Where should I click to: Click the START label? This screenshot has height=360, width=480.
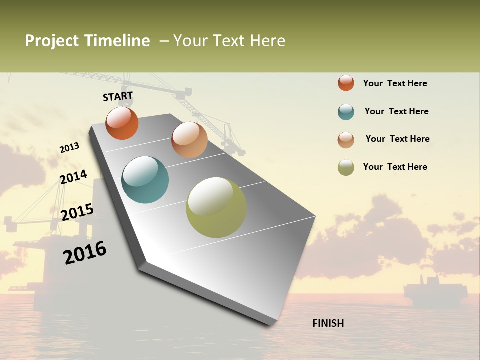tap(118, 96)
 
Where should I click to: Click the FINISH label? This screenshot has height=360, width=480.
tap(328, 323)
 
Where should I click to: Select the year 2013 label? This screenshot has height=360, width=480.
tap(69, 148)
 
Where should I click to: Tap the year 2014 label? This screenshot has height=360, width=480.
tap(73, 177)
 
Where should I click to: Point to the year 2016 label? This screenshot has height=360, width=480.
tap(85, 253)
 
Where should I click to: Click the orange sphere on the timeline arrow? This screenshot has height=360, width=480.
tap(122, 123)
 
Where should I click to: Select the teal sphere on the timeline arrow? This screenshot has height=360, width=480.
tap(145, 180)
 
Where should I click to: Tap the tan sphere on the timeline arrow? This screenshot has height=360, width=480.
tap(189, 140)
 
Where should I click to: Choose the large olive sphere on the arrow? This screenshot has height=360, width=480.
tap(216, 207)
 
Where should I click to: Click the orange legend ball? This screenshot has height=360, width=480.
tap(346, 83)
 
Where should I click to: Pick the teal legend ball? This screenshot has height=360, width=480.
tap(346, 112)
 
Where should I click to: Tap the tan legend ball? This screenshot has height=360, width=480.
tap(346, 140)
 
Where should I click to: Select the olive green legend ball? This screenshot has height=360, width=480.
tap(346, 167)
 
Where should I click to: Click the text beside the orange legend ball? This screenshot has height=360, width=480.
tap(395, 83)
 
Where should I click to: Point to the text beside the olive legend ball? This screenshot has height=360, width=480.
tap(395, 167)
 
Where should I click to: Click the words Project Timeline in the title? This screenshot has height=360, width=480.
tap(87, 41)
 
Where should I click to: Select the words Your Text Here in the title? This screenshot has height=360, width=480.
tap(229, 41)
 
